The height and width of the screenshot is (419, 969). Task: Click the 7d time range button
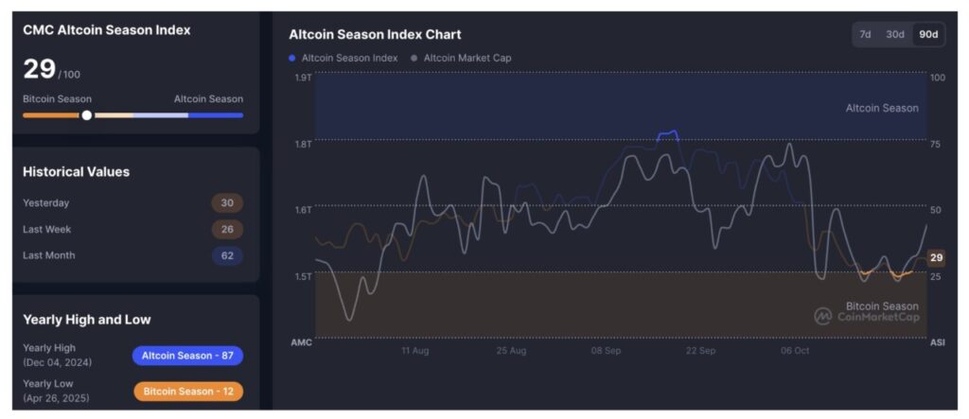point(865,34)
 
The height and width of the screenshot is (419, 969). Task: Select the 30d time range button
point(894,34)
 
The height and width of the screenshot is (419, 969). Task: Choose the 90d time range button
point(928,34)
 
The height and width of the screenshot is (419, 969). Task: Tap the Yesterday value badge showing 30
point(227,202)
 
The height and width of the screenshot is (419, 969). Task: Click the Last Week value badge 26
point(227,229)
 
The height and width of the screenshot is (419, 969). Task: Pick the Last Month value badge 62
point(227,255)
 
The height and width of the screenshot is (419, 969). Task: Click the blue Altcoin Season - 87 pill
point(187,356)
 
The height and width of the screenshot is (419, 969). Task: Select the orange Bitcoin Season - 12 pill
point(187,391)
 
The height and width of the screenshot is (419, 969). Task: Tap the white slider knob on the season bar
point(87,114)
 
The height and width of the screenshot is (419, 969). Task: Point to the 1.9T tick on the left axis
point(303,77)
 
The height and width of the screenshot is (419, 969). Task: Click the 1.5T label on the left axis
point(303,276)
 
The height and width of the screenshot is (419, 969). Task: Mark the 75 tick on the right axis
point(936,144)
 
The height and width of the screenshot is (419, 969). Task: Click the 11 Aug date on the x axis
point(414,350)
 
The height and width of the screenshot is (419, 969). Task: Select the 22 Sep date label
point(700,350)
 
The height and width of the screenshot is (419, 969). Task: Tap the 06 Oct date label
point(795,350)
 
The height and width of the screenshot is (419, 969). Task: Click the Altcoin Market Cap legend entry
point(463,58)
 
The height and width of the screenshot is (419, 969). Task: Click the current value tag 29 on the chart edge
point(936,257)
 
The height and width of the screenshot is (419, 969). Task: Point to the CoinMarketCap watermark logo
point(823,316)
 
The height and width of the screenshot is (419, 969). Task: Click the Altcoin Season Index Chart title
point(375,34)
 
